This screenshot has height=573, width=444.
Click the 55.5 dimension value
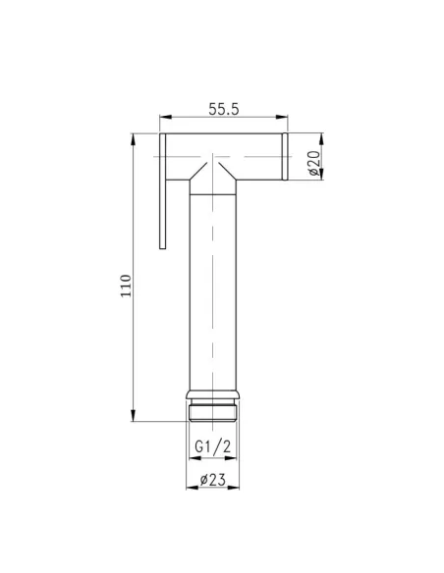coord(224,111)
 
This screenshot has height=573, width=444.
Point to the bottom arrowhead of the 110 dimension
coord(134,418)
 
